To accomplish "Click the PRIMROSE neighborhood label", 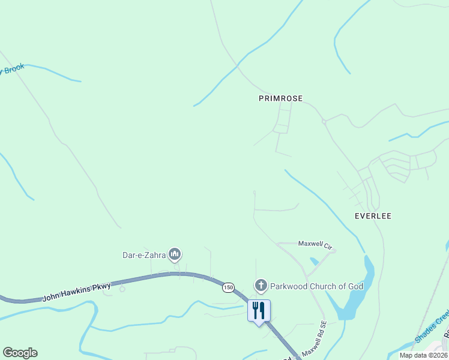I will [280, 98].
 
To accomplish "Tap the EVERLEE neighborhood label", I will [373, 216].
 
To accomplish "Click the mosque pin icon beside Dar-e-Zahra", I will [175, 255].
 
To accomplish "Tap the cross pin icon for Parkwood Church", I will [261, 285].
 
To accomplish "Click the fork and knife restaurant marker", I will [259, 311].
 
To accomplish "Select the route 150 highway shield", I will [228, 287].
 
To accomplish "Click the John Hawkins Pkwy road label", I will [77, 293].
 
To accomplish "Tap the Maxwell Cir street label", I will [315, 244].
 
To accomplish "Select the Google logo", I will [20, 353].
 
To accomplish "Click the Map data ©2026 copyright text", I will [423, 355].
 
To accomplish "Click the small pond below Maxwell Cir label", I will [315, 261].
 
